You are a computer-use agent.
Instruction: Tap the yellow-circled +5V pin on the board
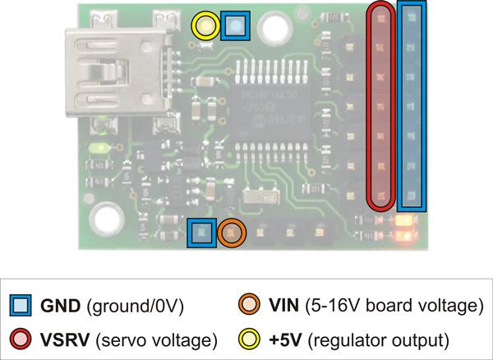[205, 26]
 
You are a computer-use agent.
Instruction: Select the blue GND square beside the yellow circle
[236, 26]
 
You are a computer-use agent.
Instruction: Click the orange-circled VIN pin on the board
[232, 233]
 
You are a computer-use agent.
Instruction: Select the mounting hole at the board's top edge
[272, 27]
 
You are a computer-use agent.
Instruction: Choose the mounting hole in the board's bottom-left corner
[106, 219]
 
